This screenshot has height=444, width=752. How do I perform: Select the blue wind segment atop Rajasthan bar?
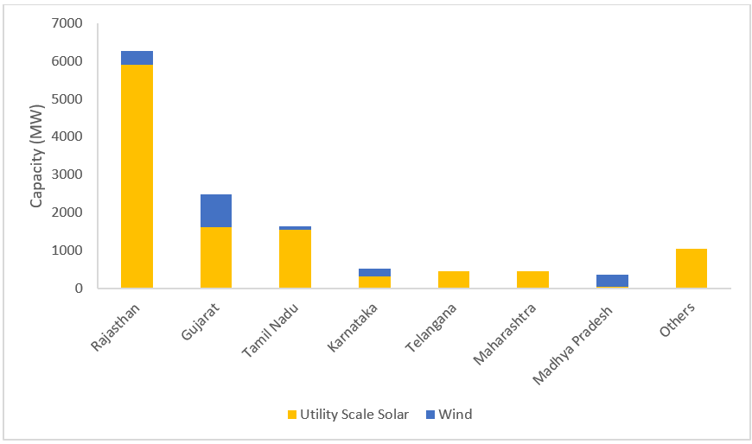pyautogui.click(x=137, y=58)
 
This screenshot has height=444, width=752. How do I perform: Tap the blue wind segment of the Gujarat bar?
pyautogui.click(x=216, y=211)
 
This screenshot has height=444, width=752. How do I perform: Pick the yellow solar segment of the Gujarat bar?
pyautogui.click(x=216, y=257)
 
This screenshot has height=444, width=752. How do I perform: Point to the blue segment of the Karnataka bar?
pyautogui.click(x=374, y=272)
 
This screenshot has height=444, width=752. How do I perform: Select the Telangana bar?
pyautogui.click(x=454, y=279)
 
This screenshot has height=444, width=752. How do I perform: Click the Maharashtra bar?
pyautogui.click(x=532, y=279)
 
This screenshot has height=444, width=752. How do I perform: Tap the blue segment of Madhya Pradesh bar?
pyautogui.click(x=612, y=280)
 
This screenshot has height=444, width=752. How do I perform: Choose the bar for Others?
pyautogui.click(x=691, y=268)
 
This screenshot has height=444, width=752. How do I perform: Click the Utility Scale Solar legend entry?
pyautogui.click(x=347, y=415)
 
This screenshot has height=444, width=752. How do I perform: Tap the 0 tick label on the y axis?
pyautogui.click(x=80, y=289)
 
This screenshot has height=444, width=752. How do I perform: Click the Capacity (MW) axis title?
pyautogui.click(x=37, y=156)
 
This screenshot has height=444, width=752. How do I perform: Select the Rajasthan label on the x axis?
pyautogui.click(x=117, y=327)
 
